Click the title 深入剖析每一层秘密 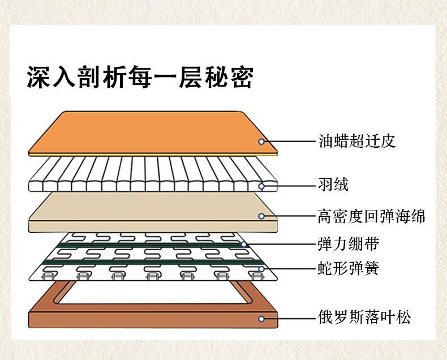(x=139, y=78)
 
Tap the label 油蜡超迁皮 (x=356, y=141)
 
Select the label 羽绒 (x=333, y=185)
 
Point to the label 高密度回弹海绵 (x=371, y=216)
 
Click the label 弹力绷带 (x=348, y=245)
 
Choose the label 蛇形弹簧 (x=348, y=268)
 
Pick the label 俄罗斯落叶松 (x=364, y=317)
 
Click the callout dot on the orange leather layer (x=261, y=142)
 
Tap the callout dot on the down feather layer (x=261, y=186)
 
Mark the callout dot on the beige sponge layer (x=261, y=216)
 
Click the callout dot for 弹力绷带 (x=244, y=245)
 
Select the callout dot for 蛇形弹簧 (x=261, y=268)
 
